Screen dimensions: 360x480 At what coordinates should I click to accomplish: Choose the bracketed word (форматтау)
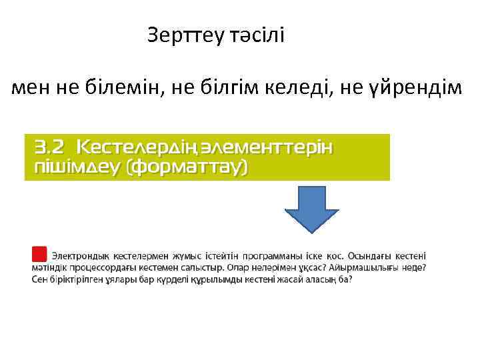(x=187, y=167)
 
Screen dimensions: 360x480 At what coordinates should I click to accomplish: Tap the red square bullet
(x=39, y=254)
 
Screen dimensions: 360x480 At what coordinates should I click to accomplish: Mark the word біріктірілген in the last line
(x=74, y=279)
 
